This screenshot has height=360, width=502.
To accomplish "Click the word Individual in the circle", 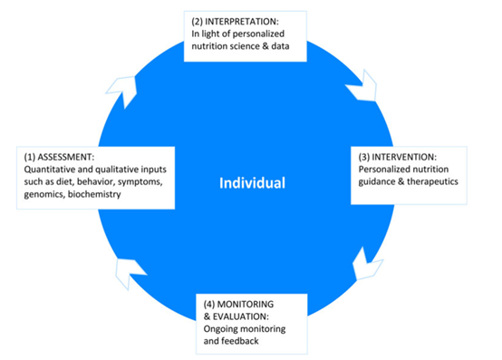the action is (252, 183).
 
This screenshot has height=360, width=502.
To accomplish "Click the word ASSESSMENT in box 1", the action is (66, 157).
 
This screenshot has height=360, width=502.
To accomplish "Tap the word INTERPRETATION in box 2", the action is (242, 22).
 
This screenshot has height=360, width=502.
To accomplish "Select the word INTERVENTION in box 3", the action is (404, 157).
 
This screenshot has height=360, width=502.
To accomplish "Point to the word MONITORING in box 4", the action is (246, 304).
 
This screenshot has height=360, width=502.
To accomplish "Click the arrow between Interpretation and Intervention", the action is (362, 86).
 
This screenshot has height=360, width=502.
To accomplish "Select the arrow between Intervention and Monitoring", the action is (367, 264).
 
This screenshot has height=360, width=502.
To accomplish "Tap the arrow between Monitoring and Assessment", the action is (129, 272).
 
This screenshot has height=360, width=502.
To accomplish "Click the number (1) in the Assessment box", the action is (30, 157).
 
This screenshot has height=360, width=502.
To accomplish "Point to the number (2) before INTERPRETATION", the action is (197, 22).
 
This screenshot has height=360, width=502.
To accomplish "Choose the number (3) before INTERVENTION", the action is (364, 157).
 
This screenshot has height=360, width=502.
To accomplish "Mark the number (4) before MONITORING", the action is (209, 304).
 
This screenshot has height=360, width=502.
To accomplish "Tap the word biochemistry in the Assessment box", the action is (94, 194).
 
